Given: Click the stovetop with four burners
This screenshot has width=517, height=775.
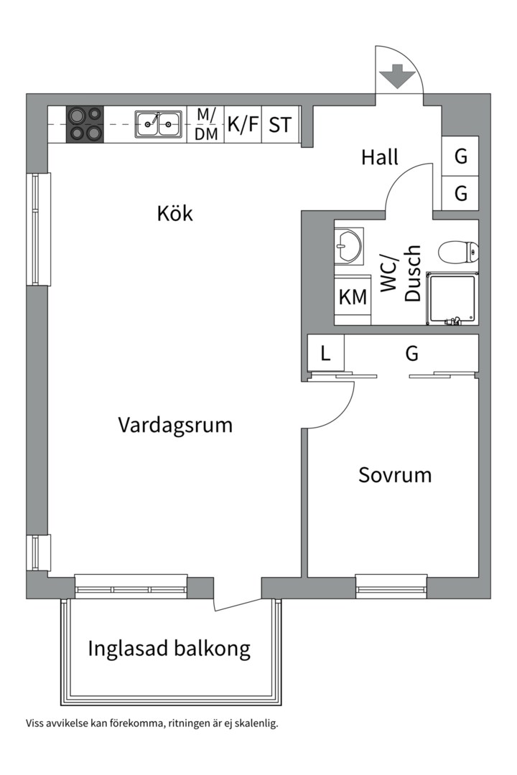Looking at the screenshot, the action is (x=85, y=124).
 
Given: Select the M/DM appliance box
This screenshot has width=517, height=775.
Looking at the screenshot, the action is (x=206, y=125).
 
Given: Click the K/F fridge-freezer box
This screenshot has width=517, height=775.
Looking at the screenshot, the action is (x=243, y=125).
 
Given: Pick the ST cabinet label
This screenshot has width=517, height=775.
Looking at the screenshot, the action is (x=280, y=125).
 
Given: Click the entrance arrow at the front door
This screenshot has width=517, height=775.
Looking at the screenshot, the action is (x=397, y=77).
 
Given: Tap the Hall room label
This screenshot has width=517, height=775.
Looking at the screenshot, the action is (x=379, y=158).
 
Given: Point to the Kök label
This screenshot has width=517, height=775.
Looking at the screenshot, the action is (x=174, y=214).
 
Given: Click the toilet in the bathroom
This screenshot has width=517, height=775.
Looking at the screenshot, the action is (x=458, y=251).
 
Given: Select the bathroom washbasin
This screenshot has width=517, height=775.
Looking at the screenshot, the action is (x=349, y=245).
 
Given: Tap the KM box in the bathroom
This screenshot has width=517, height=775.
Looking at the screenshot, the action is (x=353, y=298).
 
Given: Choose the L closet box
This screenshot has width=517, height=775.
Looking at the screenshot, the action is (x=325, y=353).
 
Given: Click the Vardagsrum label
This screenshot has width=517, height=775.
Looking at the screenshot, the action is (x=175, y=425).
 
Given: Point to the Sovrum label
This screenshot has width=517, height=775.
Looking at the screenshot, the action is (x=395, y=475).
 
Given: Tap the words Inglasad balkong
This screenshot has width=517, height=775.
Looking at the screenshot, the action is (x=169, y=649).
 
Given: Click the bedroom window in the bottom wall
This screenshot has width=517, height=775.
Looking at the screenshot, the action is (x=391, y=587).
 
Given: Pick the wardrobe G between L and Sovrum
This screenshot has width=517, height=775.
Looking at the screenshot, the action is (x=411, y=353).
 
